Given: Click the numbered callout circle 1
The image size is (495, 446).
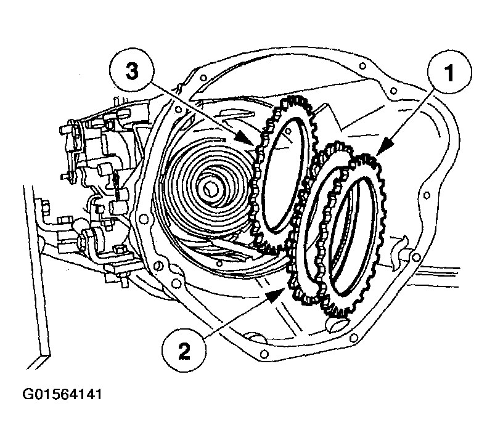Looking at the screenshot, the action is (x=449, y=72).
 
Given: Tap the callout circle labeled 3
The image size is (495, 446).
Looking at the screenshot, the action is (x=133, y=71).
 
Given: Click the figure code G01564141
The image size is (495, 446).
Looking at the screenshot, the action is (x=62, y=395).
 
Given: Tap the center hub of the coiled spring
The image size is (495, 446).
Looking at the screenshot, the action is (x=208, y=189).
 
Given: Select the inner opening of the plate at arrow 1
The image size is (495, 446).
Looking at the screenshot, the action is (x=353, y=235).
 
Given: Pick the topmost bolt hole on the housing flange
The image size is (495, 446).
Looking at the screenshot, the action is (x=363, y=66).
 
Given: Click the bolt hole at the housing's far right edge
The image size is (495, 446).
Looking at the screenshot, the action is (x=427, y=195).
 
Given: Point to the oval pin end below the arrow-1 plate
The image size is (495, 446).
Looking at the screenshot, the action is (x=337, y=324).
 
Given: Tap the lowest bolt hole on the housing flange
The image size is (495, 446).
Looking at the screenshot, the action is (x=264, y=353).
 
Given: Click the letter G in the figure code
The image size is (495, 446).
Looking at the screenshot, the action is (x=27, y=395).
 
